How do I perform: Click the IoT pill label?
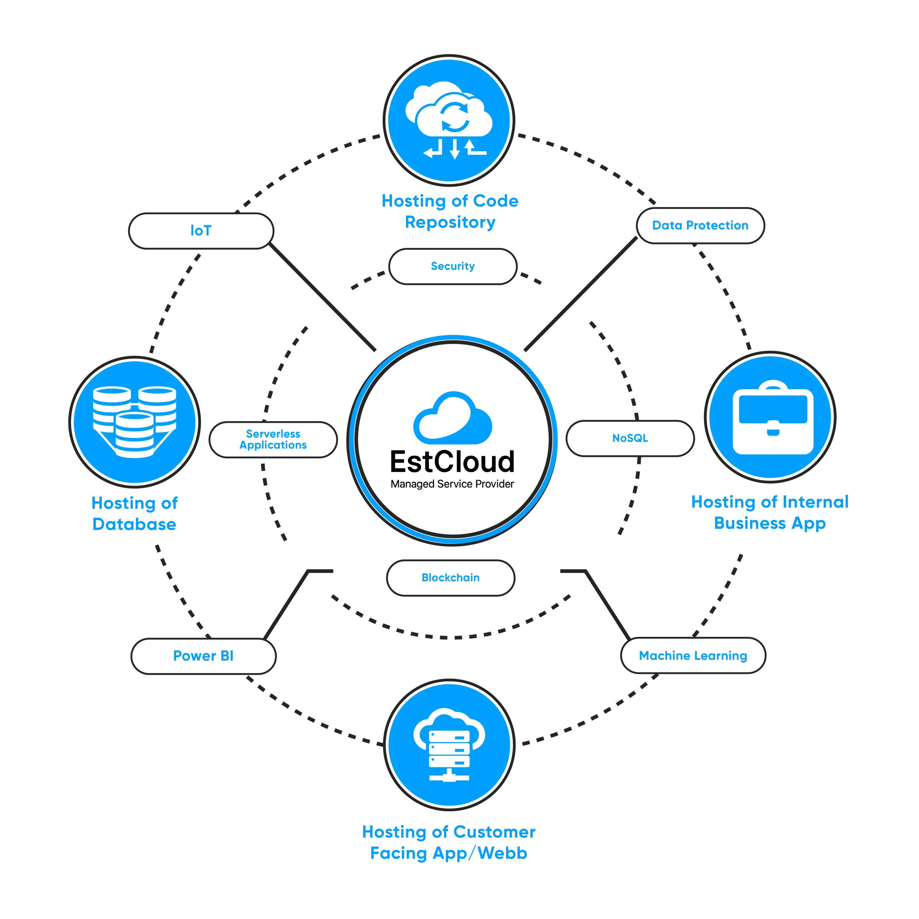pos(201,231)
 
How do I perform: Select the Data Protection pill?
pos(700,225)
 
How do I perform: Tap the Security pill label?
pos(452,266)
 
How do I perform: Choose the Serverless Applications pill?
pos(273,439)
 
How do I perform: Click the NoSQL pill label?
pos(630,438)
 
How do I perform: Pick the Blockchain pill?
pos(451,578)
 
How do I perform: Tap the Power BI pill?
pos(203,656)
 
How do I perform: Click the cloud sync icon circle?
pos(449,120)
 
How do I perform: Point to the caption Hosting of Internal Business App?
pos(769,512)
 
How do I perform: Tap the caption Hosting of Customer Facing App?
pos(449,843)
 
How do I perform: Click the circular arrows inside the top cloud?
pos(455,116)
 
